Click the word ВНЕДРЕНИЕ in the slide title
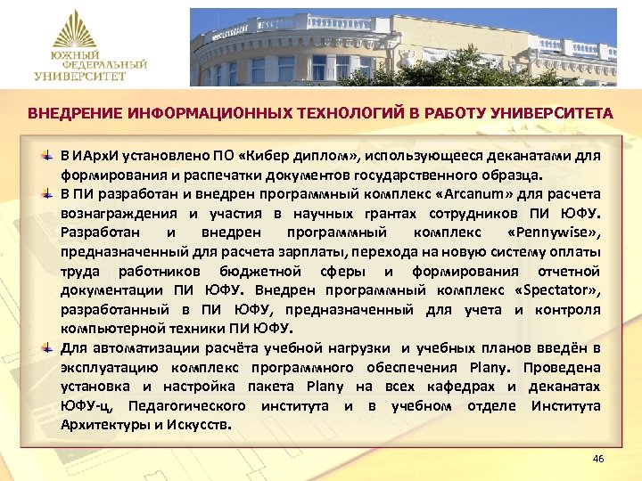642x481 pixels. click(x=73, y=115)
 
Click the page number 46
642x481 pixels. click(x=597, y=459)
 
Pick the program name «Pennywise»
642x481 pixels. click(x=553, y=232)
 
